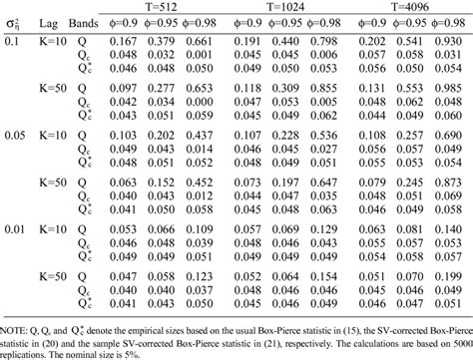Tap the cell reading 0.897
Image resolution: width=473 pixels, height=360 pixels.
tap(448, 89)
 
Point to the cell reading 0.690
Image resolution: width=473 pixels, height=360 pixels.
tap(448, 135)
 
